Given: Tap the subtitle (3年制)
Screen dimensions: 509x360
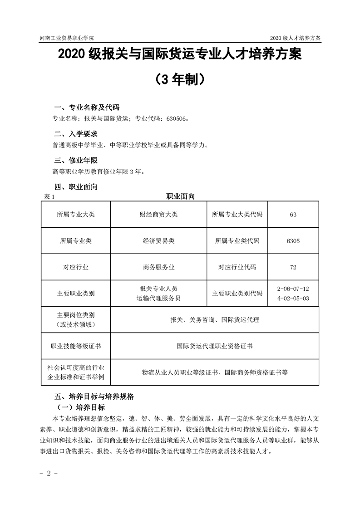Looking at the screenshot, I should [180, 80].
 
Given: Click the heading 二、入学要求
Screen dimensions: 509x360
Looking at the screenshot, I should [75, 134].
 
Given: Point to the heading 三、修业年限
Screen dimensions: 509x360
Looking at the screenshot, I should [75, 161].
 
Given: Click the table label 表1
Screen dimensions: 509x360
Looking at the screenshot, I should [48, 196].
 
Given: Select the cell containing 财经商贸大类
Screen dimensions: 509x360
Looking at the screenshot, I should [158, 215].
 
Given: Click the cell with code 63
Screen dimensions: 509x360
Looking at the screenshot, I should [293, 215].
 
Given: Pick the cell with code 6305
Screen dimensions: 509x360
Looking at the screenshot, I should [293, 241].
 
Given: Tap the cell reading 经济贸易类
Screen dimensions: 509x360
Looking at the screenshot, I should [158, 241].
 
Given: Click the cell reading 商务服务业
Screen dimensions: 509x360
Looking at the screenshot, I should [158, 267].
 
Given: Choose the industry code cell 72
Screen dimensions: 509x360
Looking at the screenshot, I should [293, 267].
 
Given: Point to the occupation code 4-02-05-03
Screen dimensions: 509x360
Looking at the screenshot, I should [293, 298].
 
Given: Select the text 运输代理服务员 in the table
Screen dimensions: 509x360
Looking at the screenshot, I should [158, 298].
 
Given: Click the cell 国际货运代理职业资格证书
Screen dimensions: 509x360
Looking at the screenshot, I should [215, 346].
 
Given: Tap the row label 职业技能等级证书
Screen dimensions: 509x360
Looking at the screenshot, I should [76, 346].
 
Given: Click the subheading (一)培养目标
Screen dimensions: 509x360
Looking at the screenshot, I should [79, 407].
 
